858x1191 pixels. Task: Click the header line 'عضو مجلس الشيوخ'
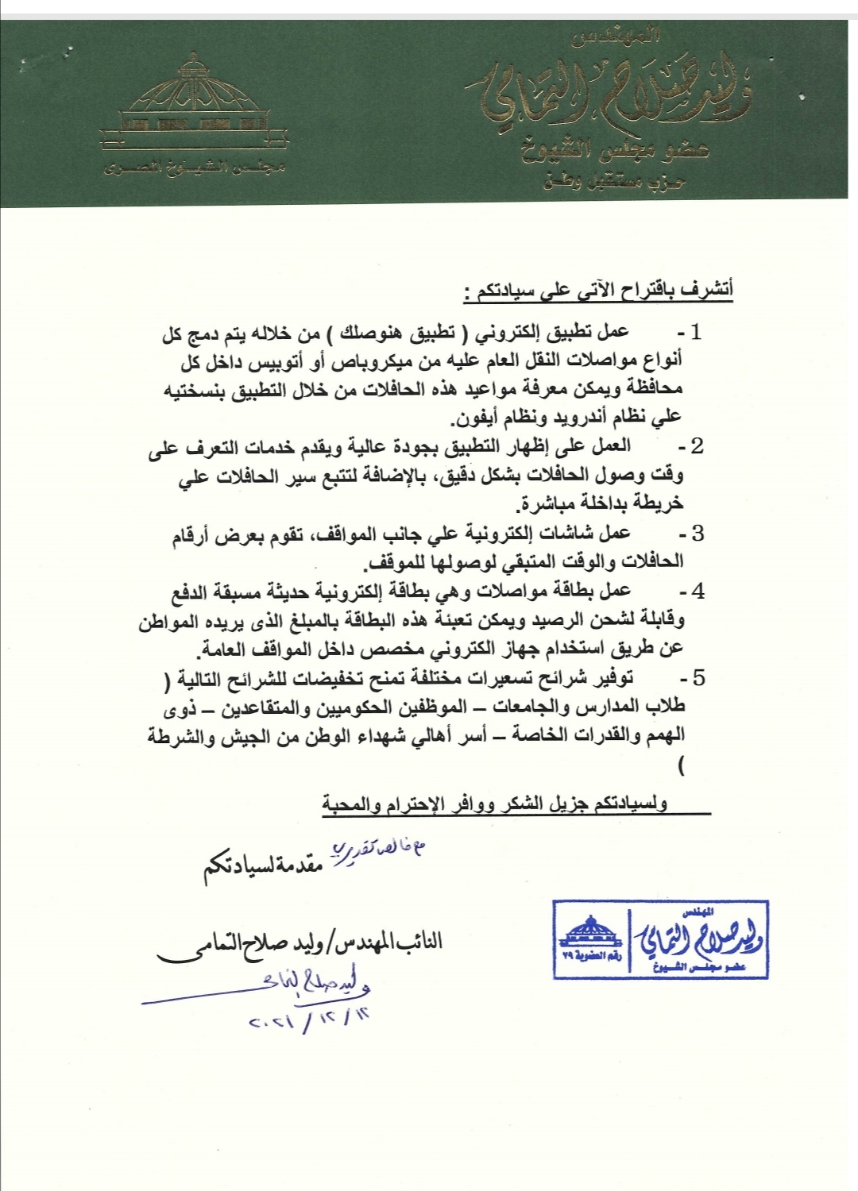click(x=615, y=150)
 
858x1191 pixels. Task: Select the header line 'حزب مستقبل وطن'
click(x=614, y=182)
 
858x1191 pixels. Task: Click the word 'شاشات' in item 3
click(x=571, y=534)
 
